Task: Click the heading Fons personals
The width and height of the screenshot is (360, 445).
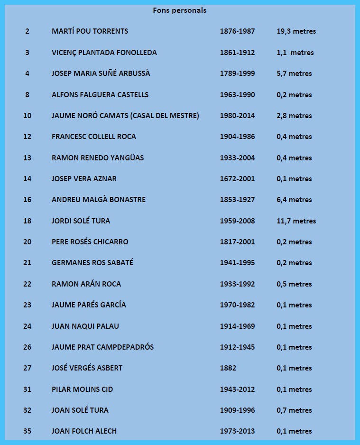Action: tap(180, 10)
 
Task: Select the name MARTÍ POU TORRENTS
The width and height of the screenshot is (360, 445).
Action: tap(90, 31)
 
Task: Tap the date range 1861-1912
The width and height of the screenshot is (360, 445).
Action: tap(237, 53)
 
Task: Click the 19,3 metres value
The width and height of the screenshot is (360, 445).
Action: tap(296, 31)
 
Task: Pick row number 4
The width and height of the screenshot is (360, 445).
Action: tap(27, 74)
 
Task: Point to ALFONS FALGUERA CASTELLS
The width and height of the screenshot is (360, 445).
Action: tap(100, 95)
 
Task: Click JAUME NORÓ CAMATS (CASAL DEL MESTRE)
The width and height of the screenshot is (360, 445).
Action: tap(125, 116)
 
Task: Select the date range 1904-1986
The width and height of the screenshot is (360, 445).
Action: tap(237, 137)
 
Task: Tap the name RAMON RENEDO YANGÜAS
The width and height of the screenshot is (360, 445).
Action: tap(98, 158)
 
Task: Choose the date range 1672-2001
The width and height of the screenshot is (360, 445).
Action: tap(237, 179)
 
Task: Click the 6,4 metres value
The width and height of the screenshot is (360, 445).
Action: tap(294, 200)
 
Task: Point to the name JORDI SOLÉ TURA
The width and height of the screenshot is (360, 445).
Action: tap(81, 221)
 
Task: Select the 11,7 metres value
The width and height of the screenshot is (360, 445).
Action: tap(296, 221)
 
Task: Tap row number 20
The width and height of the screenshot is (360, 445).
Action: tap(27, 242)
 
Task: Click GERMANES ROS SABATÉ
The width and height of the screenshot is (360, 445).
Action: tap(92, 263)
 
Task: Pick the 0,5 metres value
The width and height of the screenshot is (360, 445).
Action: tap(294, 284)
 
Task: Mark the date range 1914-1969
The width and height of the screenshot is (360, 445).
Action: tap(237, 326)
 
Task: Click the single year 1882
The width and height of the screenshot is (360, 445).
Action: tap(228, 368)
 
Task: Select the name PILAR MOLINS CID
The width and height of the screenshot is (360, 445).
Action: tap(82, 389)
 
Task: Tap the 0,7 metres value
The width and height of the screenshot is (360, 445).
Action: tap(294, 410)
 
